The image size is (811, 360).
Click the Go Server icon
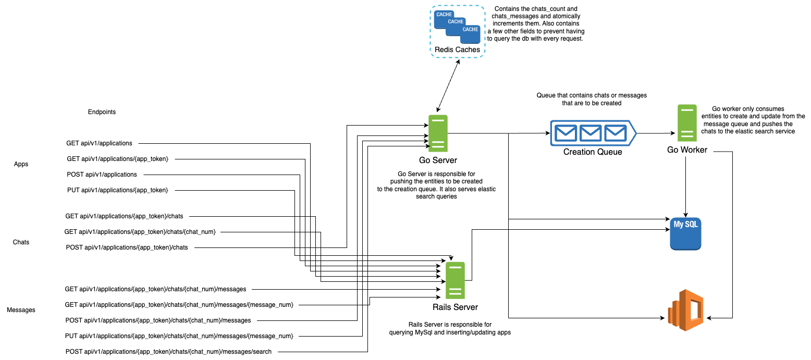438,133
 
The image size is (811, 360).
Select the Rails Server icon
455,280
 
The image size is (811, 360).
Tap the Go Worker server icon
687,123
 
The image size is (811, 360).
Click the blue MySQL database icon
685,234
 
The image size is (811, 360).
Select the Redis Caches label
457,50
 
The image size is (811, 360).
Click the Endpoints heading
102,112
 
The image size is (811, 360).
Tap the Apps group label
21,164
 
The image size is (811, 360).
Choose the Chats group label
21,242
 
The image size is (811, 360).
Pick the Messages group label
21,310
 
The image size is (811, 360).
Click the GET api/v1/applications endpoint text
99,143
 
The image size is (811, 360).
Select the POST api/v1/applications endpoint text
102,175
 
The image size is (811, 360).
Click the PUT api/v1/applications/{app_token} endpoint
117,190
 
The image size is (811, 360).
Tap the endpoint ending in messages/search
168,352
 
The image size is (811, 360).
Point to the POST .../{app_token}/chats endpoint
127,247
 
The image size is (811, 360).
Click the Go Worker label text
687,150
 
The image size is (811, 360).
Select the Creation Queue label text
593,152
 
